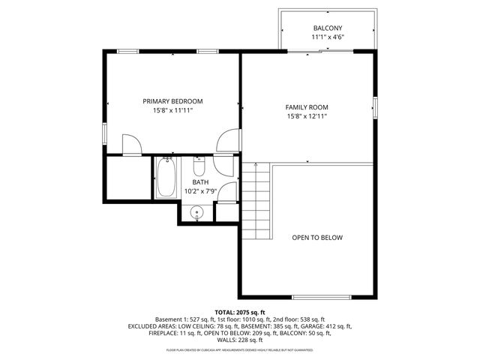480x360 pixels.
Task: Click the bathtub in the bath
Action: coord(166,178)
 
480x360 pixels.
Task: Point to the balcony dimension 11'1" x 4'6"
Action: coord(328,37)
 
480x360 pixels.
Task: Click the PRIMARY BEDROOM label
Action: coord(172,101)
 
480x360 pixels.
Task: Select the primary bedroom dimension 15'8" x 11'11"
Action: coord(172,111)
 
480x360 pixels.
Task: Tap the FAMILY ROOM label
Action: coord(307,107)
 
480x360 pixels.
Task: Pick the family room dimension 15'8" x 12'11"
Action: coord(307,116)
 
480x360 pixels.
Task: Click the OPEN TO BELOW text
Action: coord(317,238)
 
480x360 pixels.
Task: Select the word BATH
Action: coord(200,182)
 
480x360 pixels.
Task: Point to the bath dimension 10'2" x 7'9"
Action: coord(200,192)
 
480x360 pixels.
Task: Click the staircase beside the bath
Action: coord(256,199)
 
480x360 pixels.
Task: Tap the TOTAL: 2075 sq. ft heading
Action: coord(240,312)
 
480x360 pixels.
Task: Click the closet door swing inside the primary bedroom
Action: coord(130,145)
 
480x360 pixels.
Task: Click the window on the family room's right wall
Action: coord(375,107)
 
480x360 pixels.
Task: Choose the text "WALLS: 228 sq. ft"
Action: coord(240,340)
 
